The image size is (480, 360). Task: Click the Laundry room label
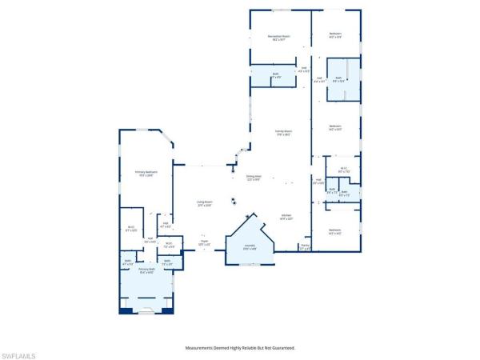pos(250,247)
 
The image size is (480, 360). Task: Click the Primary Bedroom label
pos(145,174)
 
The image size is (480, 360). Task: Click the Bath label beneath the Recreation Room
pos(275,77)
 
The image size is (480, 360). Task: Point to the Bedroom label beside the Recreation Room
pos(335,35)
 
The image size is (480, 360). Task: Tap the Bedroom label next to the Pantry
pos(334,232)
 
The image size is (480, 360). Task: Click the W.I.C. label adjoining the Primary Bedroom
pos(131,229)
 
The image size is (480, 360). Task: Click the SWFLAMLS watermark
pos(18,353)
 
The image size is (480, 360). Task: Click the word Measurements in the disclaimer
pos(202,348)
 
